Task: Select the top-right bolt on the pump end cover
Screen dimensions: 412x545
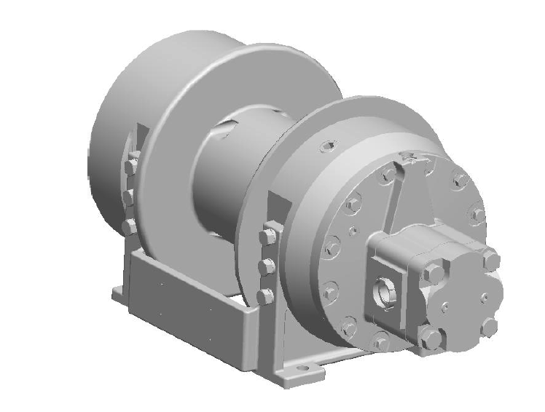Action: [490, 258]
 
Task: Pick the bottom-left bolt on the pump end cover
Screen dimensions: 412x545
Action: [432, 338]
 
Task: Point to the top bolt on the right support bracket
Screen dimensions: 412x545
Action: [267, 236]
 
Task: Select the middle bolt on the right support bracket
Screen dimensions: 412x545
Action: [267, 266]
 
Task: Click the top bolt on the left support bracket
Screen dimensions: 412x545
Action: [131, 167]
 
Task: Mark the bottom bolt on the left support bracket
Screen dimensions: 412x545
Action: [130, 227]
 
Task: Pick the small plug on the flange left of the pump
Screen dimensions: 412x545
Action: [353, 231]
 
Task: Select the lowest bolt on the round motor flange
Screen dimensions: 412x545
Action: [380, 342]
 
